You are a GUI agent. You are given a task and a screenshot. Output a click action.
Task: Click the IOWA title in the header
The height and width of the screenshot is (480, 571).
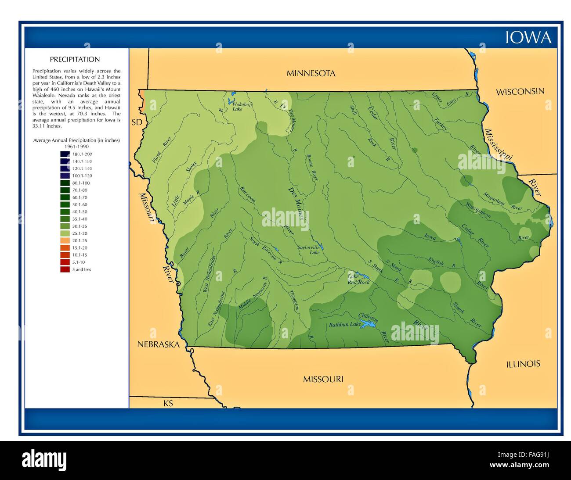(528, 37)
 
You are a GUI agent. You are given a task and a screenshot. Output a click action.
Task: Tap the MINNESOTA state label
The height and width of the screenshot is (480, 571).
(311, 73)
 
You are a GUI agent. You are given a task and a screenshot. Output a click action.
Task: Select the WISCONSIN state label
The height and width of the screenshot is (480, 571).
(520, 92)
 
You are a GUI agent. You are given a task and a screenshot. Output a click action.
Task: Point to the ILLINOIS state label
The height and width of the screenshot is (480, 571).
(523, 364)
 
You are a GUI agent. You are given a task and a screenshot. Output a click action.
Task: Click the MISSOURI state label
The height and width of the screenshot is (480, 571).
(323, 379)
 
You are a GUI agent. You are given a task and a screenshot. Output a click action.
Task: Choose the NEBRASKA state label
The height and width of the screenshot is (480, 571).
(158, 344)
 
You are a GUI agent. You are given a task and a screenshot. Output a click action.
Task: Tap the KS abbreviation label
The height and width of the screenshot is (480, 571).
(168, 403)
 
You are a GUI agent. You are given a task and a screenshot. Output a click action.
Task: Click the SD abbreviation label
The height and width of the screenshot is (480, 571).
(137, 122)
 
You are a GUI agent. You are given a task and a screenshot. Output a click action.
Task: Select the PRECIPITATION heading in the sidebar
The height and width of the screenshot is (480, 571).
(75, 60)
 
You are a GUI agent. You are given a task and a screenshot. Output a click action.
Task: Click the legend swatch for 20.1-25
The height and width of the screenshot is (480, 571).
(65, 240)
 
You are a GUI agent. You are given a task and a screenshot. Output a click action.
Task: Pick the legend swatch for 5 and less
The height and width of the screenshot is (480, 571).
(65, 269)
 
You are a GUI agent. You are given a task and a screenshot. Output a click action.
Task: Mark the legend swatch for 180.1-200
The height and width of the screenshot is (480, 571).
(65, 154)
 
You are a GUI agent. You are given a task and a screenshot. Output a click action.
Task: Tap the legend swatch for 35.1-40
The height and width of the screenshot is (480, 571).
(65, 219)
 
